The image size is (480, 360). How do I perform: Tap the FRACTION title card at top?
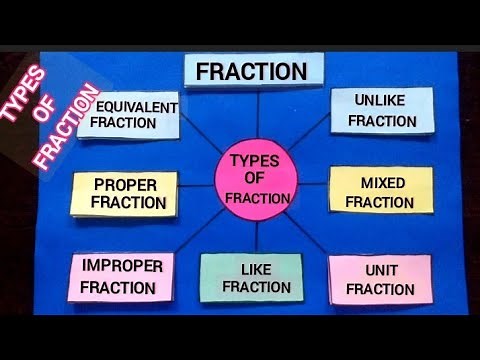[x=254, y=71]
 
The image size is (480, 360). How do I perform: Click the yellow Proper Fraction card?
[x=125, y=194]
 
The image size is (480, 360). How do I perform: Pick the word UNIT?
[x=381, y=270]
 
